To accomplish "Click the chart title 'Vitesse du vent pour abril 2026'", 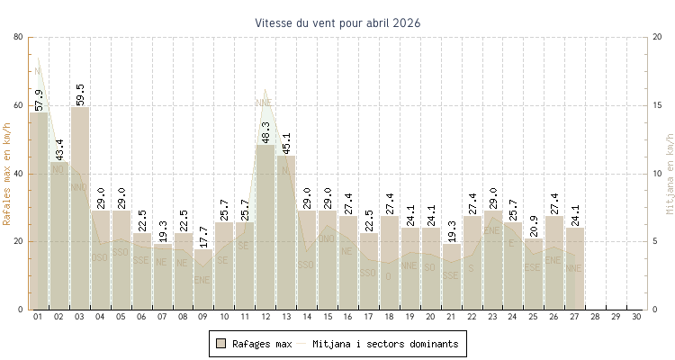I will [x=337, y=22].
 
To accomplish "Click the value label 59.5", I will [x=80, y=94].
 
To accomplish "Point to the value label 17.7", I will [x=204, y=238].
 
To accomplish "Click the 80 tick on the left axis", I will [x=19, y=37].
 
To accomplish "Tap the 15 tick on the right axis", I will [x=658, y=105].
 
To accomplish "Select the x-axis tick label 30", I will [x=636, y=318].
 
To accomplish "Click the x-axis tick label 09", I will [x=204, y=318].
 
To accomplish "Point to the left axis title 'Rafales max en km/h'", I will [x=8, y=173].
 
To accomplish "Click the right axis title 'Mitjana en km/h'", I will [x=669, y=173].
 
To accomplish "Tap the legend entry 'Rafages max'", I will [x=262, y=344].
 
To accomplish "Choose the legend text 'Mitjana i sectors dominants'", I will [x=386, y=344].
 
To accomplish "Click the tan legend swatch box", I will [x=220, y=344].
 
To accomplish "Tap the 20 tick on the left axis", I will [x=19, y=241].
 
